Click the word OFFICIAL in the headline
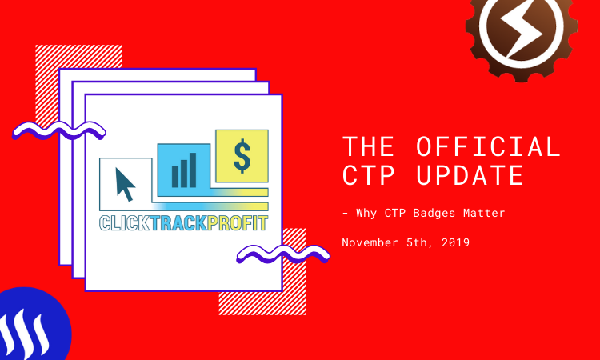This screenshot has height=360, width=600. [488, 146]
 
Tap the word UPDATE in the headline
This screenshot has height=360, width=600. [470, 175]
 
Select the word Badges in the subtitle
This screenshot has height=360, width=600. [434, 213]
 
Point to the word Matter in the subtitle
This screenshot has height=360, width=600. [484, 213]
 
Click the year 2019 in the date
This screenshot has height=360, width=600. [455, 242]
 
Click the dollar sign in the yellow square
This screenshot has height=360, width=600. [242, 156]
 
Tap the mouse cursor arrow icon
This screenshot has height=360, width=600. [125, 184]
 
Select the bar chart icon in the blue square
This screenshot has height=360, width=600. [184, 170]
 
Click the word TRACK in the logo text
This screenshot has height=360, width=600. [178, 223]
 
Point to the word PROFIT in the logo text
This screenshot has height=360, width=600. [238, 223]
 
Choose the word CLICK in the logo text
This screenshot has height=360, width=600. [125, 223]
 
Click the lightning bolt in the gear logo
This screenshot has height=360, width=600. [522, 29]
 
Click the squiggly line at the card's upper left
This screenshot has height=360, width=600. [59, 131]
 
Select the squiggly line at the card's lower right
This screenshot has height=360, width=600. [283, 254]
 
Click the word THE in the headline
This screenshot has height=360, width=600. [368, 146]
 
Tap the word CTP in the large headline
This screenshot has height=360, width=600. [368, 175]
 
